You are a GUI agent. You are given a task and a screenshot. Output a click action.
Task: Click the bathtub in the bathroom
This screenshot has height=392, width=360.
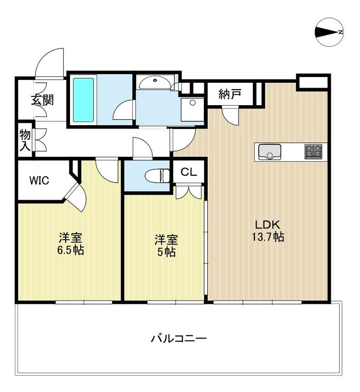[x=84, y=100]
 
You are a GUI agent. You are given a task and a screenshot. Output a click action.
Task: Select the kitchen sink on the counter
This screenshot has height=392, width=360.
[x=270, y=152]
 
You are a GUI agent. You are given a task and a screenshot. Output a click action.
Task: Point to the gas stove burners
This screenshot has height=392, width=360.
[x=313, y=151]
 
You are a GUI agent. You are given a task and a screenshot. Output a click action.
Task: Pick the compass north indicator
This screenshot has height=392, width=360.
[x=329, y=32]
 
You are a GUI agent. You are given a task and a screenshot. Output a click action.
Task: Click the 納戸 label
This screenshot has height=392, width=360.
[x=230, y=94]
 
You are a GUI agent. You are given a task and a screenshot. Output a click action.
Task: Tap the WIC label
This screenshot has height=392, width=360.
[x=39, y=180]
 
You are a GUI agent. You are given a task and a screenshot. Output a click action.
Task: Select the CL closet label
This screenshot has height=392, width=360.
[x=189, y=172]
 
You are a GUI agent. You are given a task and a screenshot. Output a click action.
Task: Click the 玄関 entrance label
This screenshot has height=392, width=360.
[x=42, y=100]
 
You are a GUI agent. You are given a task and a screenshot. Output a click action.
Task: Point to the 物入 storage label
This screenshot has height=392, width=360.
[x=25, y=141]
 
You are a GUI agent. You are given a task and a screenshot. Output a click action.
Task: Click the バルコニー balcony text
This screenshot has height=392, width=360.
[x=179, y=339]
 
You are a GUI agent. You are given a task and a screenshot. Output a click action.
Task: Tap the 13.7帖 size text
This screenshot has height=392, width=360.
[x=268, y=237]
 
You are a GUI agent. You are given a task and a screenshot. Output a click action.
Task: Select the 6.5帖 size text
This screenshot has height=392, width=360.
[x=71, y=250]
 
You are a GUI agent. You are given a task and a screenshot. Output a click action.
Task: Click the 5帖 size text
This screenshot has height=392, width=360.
[x=166, y=252]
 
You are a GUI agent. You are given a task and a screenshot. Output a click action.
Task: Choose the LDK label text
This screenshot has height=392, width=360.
[x=267, y=225]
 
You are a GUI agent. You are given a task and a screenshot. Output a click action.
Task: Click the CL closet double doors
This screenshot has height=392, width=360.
[x=189, y=191]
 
